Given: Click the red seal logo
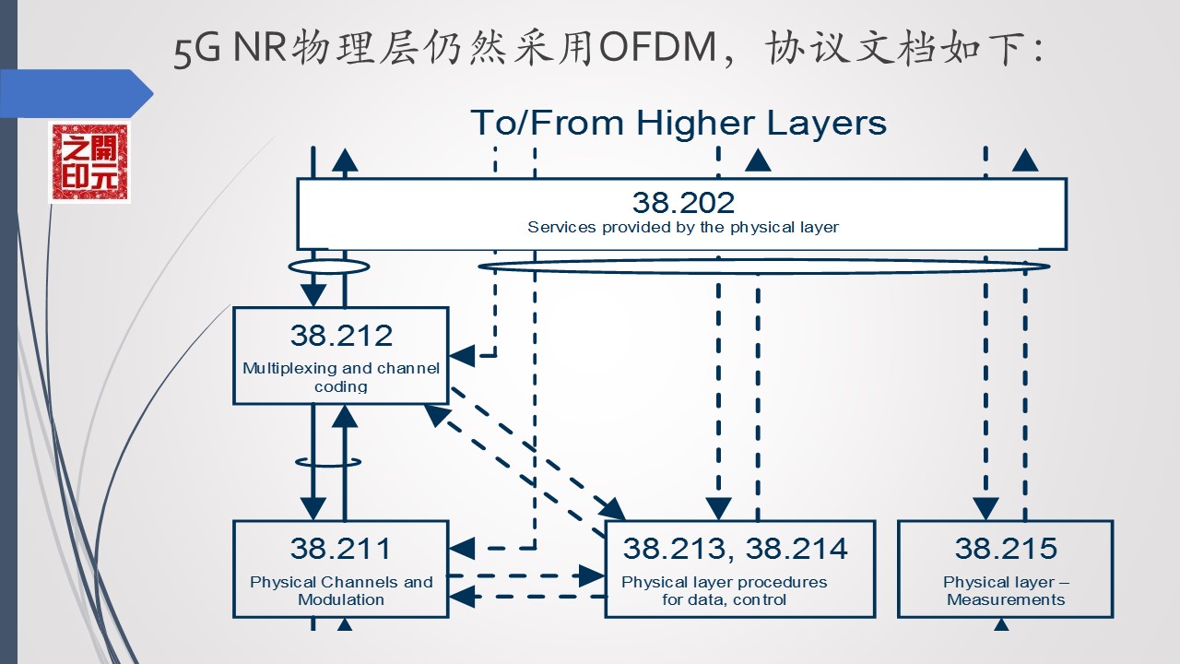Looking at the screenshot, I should point(89,163).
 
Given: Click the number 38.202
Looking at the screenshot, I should point(683,202).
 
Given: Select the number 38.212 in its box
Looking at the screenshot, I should point(341,335).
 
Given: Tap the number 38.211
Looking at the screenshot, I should point(341,549).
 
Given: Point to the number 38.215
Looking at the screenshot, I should point(1006,549).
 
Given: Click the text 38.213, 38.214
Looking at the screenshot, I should point(735,549).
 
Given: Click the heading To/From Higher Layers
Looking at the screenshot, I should point(678,123).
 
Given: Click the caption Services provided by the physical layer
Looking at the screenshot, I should point(683,227).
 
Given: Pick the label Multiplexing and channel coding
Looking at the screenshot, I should point(341,377).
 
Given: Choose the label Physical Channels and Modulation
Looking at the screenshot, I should point(341,590).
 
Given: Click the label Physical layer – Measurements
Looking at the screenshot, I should point(1006,590).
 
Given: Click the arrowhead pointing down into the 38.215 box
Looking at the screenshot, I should point(985,509).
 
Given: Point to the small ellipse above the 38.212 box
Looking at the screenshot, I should point(328,267).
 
